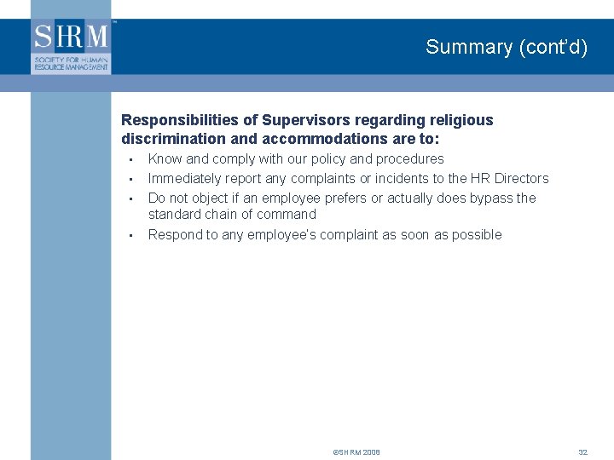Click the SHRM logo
[72, 46]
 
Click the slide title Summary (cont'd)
[507, 47]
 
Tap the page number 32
[583, 451]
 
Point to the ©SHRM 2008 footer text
[356, 451]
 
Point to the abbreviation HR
[476, 178]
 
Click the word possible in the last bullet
[475, 234]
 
